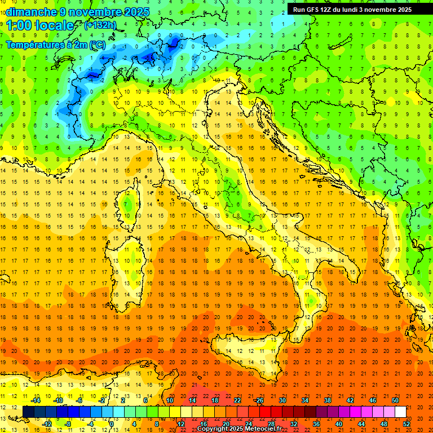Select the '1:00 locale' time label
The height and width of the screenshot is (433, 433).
pos(39,25)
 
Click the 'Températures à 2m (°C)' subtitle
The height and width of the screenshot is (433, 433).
pos(55,44)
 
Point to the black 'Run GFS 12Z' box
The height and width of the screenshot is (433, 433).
pos(352,9)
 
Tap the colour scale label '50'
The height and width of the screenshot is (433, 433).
pos(395,400)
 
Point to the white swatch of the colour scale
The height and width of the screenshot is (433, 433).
pos(400,412)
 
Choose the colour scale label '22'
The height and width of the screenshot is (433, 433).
pos(237,400)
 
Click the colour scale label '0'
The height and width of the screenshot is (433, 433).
pos(112,423)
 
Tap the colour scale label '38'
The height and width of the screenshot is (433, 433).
pos(327,400)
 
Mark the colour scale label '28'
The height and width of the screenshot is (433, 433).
pos(271,423)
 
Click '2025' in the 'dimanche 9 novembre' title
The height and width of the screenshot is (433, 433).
pos(136,11)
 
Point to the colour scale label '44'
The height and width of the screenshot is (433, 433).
pos(361,423)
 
